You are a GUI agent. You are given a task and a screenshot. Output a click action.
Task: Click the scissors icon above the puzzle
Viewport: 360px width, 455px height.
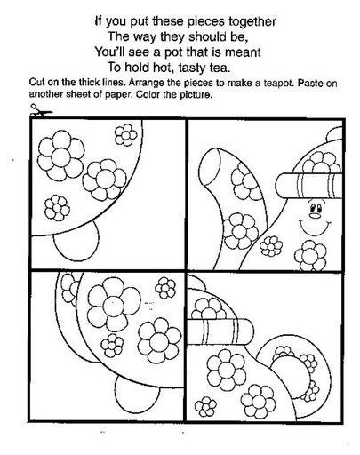click(x=41, y=110)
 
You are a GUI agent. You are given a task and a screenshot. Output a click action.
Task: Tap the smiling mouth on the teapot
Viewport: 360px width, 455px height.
click(x=314, y=227)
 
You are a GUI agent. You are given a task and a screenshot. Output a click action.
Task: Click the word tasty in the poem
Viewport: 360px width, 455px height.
click(x=192, y=68)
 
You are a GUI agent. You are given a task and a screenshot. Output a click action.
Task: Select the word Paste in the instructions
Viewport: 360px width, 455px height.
click(x=310, y=83)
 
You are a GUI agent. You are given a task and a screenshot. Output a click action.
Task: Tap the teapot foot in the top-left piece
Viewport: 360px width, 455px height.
click(x=76, y=239)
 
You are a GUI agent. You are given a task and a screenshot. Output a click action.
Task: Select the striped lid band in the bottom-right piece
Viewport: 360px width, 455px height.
click(x=220, y=331)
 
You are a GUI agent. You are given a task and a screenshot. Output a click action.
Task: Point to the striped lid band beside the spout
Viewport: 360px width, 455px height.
click(x=309, y=186)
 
